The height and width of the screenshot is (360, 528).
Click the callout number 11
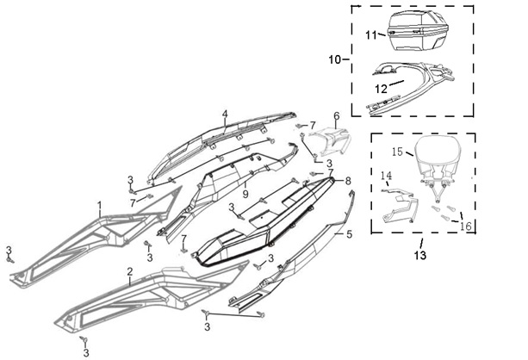pyautogui.click(x=371, y=35)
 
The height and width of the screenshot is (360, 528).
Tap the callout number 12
pyautogui.click(x=381, y=89)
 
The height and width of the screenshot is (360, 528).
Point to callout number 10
pyautogui.click(x=335, y=60)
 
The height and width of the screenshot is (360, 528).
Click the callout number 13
pyautogui.click(x=420, y=256)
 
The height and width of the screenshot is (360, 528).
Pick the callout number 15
pyautogui.click(x=397, y=152)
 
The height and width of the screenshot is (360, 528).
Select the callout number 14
pyautogui.click(x=386, y=176)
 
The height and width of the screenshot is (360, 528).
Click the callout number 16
pyautogui.click(x=466, y=226)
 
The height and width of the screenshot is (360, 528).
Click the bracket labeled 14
pyautogui.click(x=401, y=207)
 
